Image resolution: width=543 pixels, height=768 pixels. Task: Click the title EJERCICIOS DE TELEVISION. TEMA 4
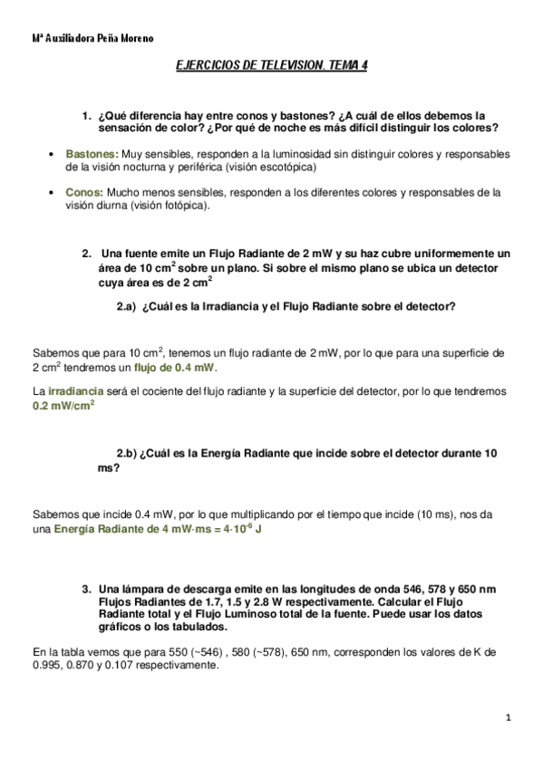272,67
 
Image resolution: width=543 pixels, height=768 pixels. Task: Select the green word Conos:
84,192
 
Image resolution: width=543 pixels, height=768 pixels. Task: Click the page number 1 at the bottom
509,717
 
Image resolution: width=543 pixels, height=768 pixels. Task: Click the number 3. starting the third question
87,589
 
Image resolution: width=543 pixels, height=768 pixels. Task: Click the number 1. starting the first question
87,115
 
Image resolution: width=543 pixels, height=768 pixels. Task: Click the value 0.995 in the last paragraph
46,664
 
